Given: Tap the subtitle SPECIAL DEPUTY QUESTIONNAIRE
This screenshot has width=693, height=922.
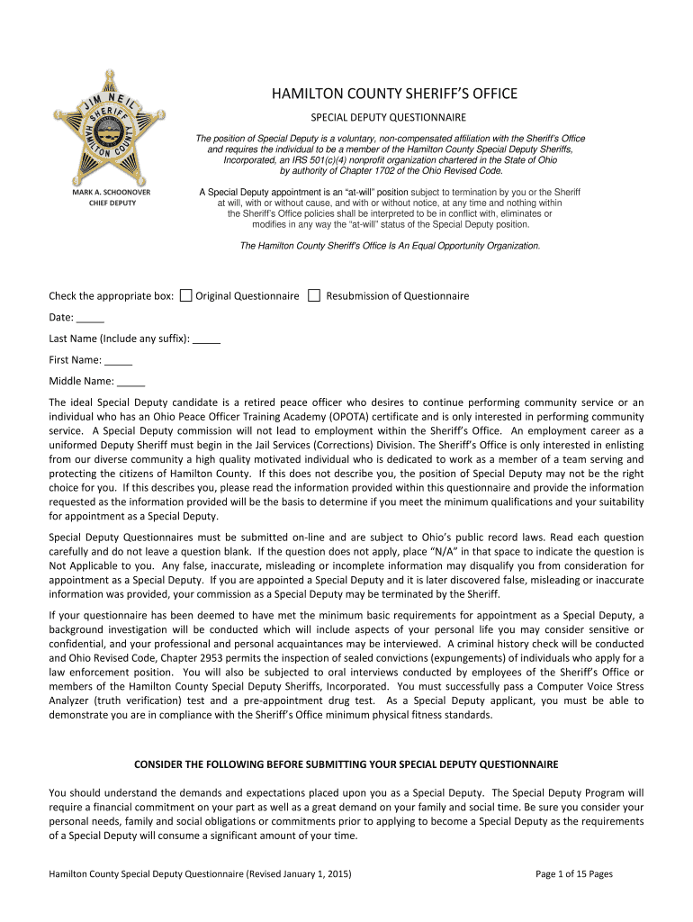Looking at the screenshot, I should [x=388, y=118].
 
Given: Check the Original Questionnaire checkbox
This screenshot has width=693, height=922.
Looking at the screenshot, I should [x=185, y=295].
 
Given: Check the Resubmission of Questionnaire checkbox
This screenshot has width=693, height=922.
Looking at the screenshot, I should [x=314, y=295].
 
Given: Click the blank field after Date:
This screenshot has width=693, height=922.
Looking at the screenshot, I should [x=90, y=317].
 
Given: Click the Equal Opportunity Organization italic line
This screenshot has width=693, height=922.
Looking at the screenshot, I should [x=390, y=245].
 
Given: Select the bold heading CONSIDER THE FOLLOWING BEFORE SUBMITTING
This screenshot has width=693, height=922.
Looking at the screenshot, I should [x=346, y=764].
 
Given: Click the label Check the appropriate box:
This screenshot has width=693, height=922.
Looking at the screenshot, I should [x=111, y=296].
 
